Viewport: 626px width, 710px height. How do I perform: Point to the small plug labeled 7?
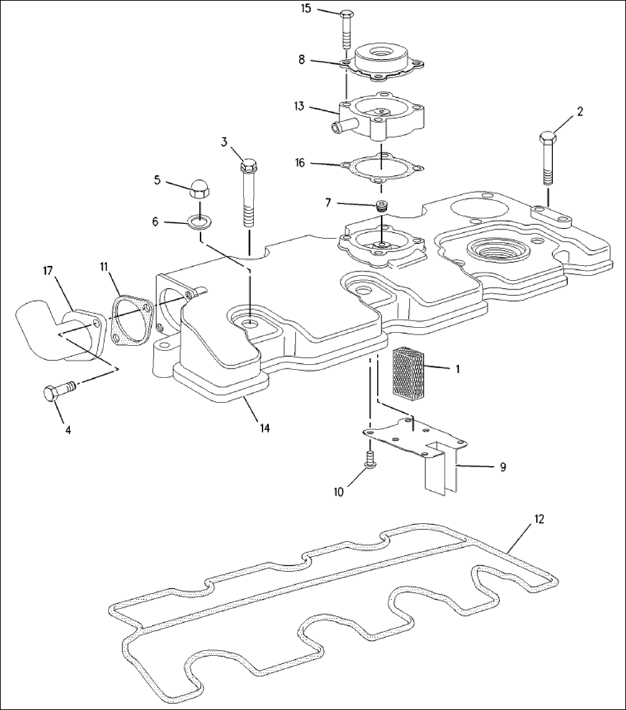[x=382, y=207]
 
